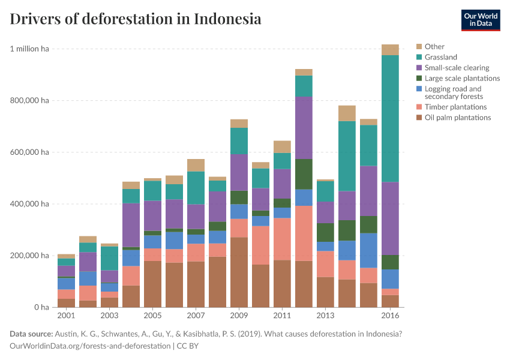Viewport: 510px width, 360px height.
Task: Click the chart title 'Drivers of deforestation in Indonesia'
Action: point(136,19)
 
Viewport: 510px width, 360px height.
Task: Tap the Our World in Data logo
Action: point(480,20)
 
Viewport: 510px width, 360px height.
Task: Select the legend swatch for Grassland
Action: point(419,58)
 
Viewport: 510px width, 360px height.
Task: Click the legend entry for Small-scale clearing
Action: point(457,68)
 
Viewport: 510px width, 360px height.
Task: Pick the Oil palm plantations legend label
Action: point(457,118)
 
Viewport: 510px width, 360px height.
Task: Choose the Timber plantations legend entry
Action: point(455,107)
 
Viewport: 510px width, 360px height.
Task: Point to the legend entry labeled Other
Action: point(434,47)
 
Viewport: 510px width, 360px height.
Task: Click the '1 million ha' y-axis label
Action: point(29,49)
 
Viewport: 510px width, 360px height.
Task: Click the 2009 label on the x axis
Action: point(239,316)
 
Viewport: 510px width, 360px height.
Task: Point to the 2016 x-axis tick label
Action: point(390,316)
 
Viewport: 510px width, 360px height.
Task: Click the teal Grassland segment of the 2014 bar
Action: point(347,156)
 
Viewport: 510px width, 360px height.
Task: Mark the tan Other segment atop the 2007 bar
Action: point(196,165)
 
